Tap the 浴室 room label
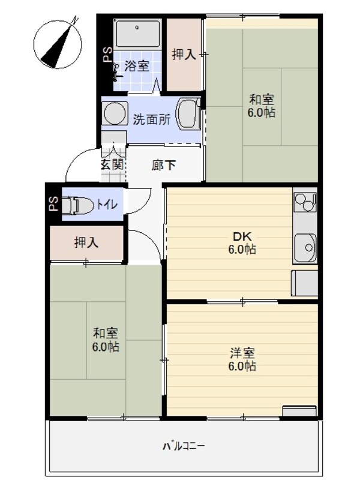(136, 66)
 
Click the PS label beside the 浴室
(107, 56)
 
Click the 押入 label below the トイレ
(86, 242)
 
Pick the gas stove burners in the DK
(305, 202)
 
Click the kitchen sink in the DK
(305, 246)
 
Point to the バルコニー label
(185, 446)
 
